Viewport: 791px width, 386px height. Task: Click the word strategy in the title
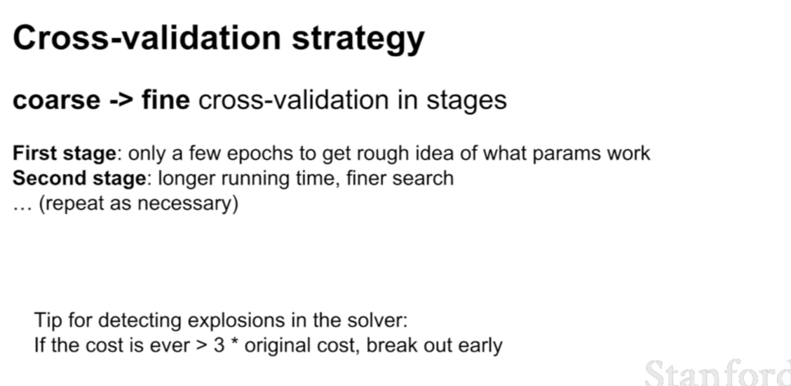(x=358, y=40)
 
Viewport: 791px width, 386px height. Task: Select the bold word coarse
(x=56, y=101)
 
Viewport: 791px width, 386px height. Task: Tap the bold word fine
(x=165, y=100)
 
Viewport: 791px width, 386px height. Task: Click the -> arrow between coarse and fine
(x=121, y=100)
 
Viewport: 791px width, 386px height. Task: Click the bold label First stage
(x=64, y=154)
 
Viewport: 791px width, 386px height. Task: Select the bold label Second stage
(x=79, y=178)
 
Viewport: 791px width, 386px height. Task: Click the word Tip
(x=48, y=321)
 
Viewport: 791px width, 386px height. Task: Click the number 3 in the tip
(x=219, y=346)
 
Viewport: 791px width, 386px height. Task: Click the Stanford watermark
(x=718, y=373)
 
